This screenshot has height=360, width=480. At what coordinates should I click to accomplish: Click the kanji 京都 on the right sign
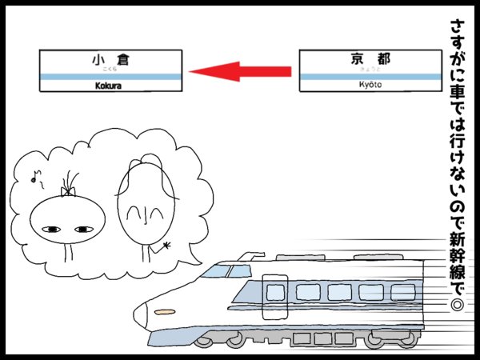(369, 58)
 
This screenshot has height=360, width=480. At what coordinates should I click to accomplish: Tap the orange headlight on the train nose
(165, 310)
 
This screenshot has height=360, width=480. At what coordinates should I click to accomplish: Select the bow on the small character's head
(68, 191)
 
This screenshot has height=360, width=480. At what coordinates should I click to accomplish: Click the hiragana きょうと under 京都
(369, 70)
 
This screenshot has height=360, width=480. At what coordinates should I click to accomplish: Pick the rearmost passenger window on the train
(402, 291)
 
